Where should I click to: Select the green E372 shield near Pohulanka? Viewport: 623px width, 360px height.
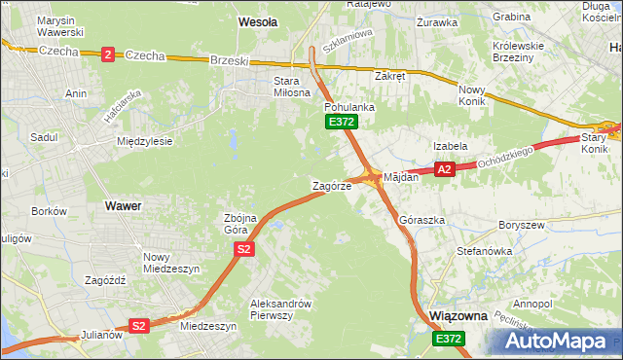click(x=342, y=122)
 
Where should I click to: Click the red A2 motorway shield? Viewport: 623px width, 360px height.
click(x=445, y=169)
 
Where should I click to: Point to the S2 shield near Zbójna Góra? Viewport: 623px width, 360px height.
click(x=244, y=250)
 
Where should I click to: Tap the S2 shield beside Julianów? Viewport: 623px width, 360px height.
click(x=139, y=326)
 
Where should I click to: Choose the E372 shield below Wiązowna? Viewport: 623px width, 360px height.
click(x=449, y=338)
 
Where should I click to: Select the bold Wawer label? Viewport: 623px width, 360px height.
click(x=123, y=206)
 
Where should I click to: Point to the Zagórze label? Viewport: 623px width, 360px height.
click(x=331, y=185)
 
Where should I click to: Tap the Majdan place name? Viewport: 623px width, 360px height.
click(x=400, y=178)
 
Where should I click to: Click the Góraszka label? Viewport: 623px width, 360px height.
click(x=421, y=221)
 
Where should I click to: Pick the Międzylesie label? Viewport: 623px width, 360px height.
click(x=144, y=141)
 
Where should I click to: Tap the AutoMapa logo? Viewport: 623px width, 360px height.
click(x=558, y=341)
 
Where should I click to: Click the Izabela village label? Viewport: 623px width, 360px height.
click(x=451, y=145)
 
